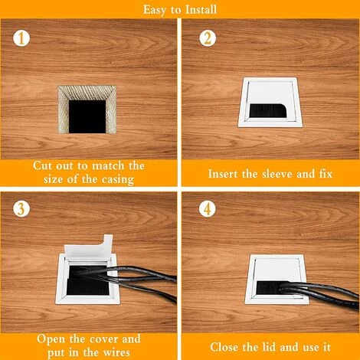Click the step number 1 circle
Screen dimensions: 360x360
tap(21, 38)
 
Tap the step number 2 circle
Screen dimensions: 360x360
tap(208, 38)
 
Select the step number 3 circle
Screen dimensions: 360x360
tap(21, 208)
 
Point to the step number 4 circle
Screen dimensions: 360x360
tap(207, 208)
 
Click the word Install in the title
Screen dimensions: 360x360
tap(201, 9)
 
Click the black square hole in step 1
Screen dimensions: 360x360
tap(87, 116)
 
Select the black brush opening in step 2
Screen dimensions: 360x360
tap(267, 110)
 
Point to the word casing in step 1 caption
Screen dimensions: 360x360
tap(118, 179)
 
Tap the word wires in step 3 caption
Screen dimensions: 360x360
tap(116, 352)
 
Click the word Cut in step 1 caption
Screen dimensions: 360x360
tap(43, 165)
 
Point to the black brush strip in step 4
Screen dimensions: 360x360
tap(270, 288)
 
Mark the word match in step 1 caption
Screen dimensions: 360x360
tap(109, 165)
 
